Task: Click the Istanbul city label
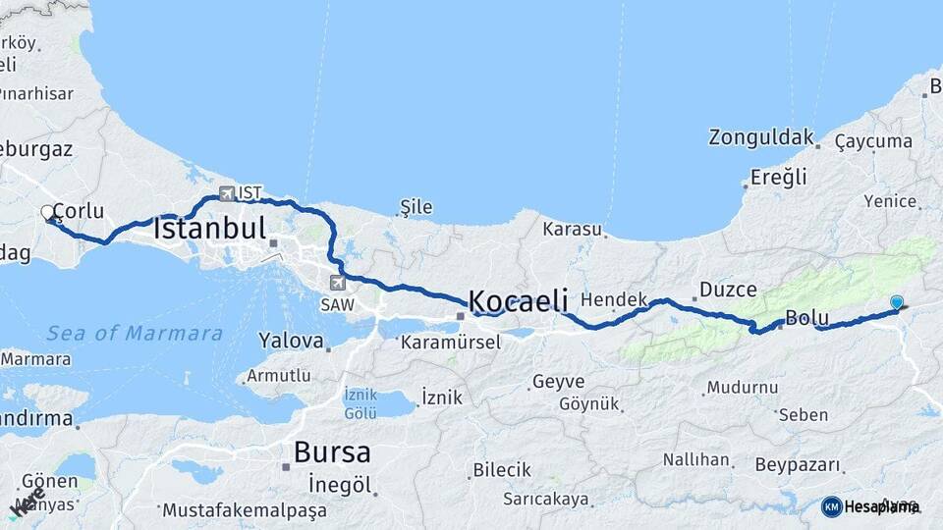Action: coord(210,230)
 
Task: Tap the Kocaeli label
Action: coord(519,301)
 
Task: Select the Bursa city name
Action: coord(333,452)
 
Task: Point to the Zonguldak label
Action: coord(761,137)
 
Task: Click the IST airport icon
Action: coord(228,193)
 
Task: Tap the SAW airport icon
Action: coord(339,283)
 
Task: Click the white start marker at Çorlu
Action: coord(47,212)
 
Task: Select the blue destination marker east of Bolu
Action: coord(896,302)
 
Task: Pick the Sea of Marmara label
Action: coord(135,333)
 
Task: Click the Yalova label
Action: coord(291,342)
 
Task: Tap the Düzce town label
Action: coord(728,290)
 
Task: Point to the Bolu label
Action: coord(807,319)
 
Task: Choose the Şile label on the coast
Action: coord(416,207)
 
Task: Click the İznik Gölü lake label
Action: coord(361,403)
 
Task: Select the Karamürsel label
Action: coord(451,343)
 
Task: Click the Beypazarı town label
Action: coord(799,464)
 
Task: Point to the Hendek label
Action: coord(614,299)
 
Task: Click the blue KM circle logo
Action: coord(831,506)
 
